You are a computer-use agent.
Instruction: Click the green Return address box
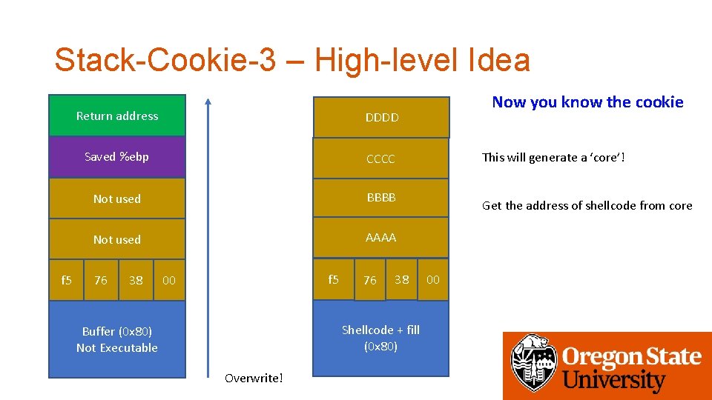(117, 116)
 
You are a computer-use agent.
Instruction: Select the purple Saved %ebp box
(117, 156)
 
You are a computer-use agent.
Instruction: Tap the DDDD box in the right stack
(381, 117)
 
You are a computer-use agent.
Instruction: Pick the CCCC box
(381, 159)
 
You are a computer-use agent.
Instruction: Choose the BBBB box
(381, 198)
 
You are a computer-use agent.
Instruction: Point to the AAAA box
(381, 238)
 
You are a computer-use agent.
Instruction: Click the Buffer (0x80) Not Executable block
(117, 339)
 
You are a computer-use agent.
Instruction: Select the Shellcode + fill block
(381, 339)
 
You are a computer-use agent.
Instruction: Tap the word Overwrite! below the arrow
(254, 379)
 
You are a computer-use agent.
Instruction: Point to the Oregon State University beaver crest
(533, 363)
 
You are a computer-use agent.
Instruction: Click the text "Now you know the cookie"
(587, 102)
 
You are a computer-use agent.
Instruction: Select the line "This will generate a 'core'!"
(553, 157)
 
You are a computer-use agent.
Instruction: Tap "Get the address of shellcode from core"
(587, 205)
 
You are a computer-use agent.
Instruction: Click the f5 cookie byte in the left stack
(66, 280)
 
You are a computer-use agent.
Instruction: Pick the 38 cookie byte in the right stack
(401, 279)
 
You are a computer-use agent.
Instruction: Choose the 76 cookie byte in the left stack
(101, 280)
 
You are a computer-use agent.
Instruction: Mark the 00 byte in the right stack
(433, 279)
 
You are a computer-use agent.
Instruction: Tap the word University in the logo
(613, 381)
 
